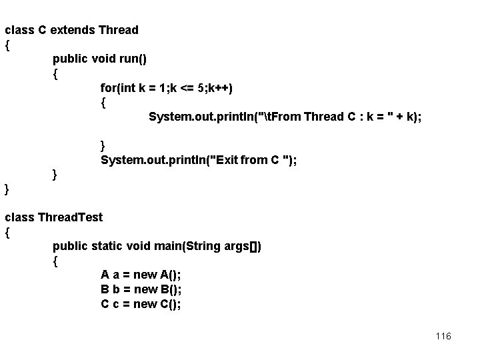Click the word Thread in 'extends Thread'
118,30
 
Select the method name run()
133,59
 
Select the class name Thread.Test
70,217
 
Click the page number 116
443,336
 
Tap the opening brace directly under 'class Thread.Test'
7,233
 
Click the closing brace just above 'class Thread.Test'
7,189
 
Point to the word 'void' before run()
103,59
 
